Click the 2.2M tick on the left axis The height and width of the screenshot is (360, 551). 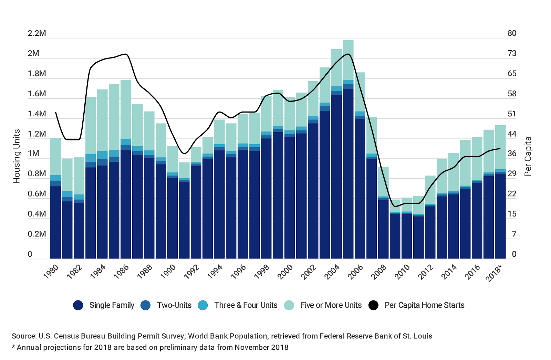click(x=37, y=33)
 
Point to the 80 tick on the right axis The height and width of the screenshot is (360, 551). click(x=512, y=33)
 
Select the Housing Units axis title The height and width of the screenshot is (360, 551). click(x=17, y=156)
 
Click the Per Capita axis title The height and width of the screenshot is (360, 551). click(x=528, y=157)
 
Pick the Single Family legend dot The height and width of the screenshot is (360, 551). click(x=78, y=305)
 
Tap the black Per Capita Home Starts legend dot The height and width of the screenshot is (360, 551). click(x=373, y=305)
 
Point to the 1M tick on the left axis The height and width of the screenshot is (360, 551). click(x=33, y=153)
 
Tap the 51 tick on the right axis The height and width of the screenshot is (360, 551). click(x=512, y=114)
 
